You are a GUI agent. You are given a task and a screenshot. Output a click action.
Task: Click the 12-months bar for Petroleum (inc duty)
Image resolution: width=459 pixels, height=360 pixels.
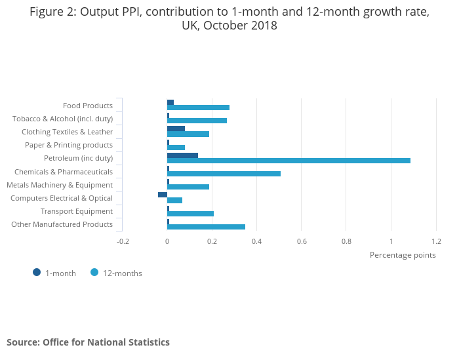pos(289,161)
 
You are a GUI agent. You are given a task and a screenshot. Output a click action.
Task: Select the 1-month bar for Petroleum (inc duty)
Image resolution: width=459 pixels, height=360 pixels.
pos(182,155)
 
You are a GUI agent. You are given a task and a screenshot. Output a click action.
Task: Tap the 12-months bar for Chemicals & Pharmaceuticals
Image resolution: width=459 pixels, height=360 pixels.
pos(224,174)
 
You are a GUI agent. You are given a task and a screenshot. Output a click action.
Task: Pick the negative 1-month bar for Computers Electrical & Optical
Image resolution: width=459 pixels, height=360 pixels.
pos(163,195)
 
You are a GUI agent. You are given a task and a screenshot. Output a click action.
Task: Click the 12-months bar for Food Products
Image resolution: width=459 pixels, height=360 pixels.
pos(198,108)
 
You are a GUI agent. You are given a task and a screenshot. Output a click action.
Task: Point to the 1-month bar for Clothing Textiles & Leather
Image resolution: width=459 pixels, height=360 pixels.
pos(176,129)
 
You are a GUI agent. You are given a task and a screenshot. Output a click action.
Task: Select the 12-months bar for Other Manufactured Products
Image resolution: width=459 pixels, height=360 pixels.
pos(206,227)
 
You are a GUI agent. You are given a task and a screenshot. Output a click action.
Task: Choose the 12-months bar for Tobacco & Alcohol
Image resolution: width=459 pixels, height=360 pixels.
pos(197,121)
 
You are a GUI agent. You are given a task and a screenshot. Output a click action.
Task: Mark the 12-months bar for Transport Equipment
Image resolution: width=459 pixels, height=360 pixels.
pos(190,214)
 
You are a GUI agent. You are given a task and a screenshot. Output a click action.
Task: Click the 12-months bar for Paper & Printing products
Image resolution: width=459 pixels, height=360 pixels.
pos(176,148)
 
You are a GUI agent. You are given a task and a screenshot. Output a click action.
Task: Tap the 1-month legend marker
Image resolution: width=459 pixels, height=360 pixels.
pos(37,273)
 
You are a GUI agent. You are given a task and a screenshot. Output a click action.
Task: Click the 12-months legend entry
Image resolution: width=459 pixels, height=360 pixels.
pos(122,273)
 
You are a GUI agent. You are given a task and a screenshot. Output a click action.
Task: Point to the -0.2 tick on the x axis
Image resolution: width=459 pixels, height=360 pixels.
pos(123,241)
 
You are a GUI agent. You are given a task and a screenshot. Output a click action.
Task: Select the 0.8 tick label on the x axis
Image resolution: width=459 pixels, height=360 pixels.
pos(346,241)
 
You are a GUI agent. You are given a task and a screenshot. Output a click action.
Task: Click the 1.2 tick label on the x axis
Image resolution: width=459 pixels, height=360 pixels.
pos(436,241)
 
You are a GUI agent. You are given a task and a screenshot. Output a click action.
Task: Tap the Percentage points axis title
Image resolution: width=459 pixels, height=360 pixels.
pos(403,255)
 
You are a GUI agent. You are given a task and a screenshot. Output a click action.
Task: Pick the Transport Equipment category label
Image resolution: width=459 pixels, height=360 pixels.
pos(77,211)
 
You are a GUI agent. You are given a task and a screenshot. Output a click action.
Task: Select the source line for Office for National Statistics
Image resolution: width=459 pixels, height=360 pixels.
pos(88,342)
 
